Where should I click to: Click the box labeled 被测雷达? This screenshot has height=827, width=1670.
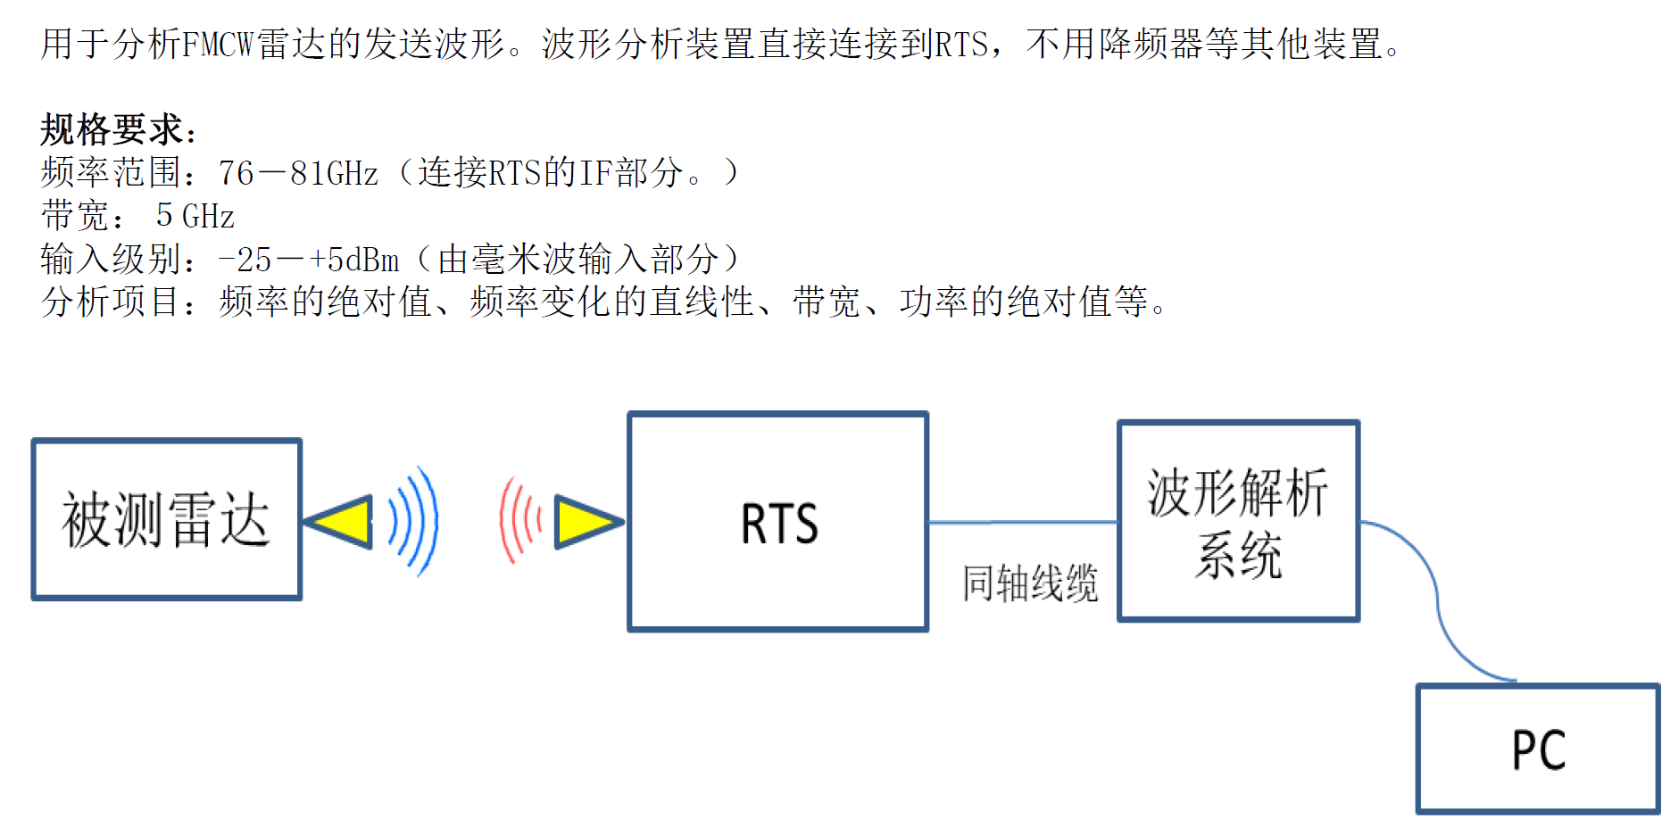166,519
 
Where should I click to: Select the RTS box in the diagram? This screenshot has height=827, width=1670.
777,522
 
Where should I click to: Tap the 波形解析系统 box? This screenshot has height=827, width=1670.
1238,522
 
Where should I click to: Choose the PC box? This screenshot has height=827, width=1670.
1537,748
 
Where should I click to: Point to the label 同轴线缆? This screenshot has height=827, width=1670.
1029,584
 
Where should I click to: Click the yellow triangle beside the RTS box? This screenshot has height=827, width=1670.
585,522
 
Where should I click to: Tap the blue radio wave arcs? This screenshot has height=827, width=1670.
415,521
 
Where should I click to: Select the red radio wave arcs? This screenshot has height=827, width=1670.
519,521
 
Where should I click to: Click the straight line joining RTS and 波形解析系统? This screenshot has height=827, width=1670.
1023,522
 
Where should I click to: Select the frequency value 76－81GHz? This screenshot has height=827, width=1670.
298,173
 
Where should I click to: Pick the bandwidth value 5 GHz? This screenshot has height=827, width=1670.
195,216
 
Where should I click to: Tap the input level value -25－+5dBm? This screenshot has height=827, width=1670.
309,260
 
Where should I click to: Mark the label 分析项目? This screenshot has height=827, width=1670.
112,302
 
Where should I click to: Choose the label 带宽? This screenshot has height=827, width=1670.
76,216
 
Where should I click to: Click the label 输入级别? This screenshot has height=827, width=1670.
112,260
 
